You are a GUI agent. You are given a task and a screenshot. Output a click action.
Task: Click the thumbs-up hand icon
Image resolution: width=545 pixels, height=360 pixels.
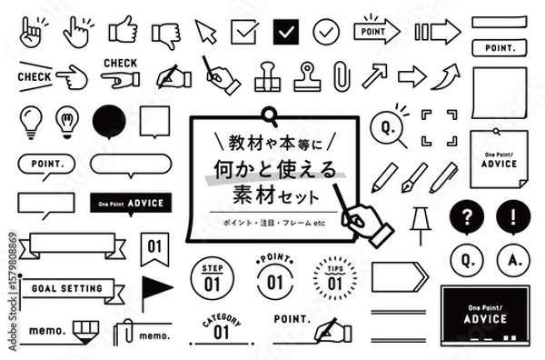[x=122, y=32]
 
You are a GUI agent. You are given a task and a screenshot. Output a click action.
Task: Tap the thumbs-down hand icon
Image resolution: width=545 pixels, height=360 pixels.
[x=165, y=34]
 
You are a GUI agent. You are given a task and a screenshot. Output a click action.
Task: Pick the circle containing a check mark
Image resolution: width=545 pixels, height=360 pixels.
[x=325, y=32]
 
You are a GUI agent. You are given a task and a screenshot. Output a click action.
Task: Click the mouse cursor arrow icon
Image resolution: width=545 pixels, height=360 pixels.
[x=206, y=33]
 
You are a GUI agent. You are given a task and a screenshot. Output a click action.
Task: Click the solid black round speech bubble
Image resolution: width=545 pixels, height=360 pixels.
[x=109, y=121]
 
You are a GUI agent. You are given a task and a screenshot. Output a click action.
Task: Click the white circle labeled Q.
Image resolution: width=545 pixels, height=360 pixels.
[x=465, y=263]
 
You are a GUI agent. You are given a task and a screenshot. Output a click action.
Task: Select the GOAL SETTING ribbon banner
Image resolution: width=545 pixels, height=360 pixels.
[x=71, y=289]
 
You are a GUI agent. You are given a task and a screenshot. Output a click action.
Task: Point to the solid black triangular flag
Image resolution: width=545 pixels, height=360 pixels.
[x=155, y=288]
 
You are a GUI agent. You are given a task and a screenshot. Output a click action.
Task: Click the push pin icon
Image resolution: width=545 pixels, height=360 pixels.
[x=420, y=224]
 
